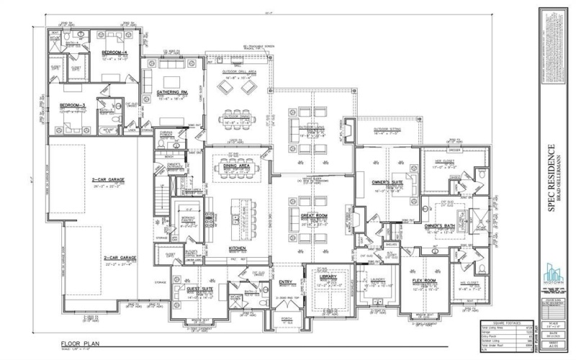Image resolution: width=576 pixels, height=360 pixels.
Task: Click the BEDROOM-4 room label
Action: point(114,54)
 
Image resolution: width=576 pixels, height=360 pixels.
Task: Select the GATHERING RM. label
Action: point(172,92)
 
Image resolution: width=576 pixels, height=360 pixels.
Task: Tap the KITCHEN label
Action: point(238,248)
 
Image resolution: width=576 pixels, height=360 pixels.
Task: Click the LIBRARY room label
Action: point(328,276)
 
